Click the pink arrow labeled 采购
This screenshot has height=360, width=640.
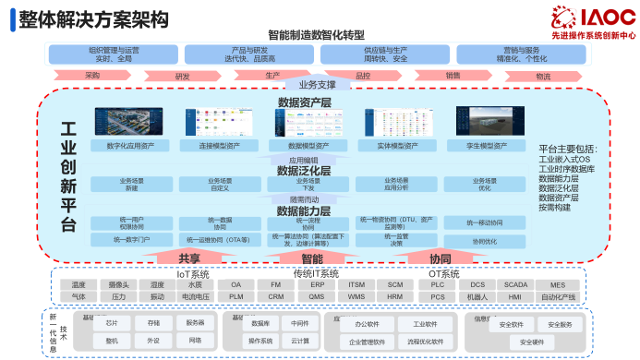point(91,75)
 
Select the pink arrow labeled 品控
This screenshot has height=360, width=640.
point(362,76)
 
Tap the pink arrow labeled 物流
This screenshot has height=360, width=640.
point(542,76)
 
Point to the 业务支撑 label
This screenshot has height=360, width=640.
point(317,85)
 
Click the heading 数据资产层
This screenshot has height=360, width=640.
point(304,102)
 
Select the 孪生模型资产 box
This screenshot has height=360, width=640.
point(488,146)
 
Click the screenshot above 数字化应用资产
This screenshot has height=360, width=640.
point(130,121)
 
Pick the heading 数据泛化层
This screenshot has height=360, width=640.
point(304,171)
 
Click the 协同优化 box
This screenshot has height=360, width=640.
point(484,241)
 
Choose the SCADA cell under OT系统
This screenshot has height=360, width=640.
point(516,285)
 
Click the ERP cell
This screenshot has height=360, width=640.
point(317,285)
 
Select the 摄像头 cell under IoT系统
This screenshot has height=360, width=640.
point(118,285)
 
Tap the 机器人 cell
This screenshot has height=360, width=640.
point(477,297)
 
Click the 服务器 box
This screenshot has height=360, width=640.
point(194,323)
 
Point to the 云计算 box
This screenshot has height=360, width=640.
point(299,341)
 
